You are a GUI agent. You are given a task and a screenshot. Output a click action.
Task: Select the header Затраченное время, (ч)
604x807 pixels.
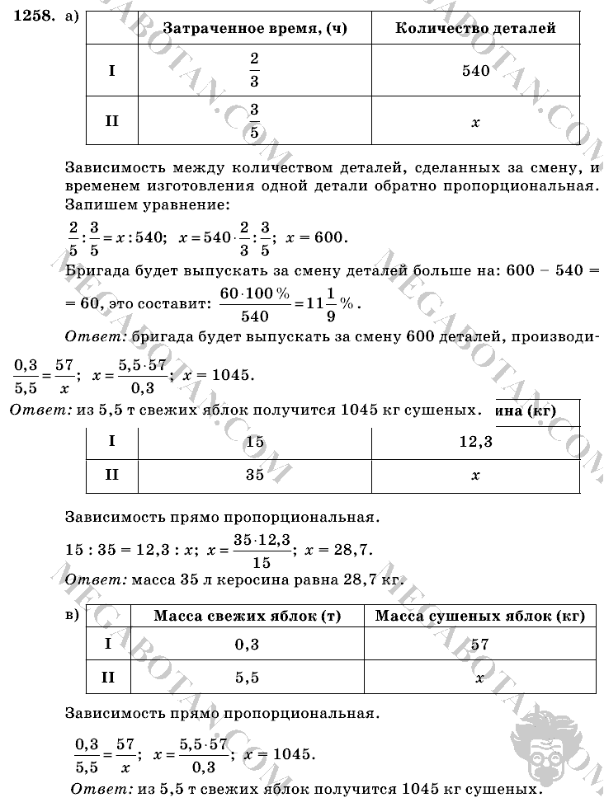click(254, 28)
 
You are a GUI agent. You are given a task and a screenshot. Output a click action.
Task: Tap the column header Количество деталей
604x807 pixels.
click(475, 28)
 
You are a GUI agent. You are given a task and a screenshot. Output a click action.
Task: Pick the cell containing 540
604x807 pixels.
click(475, 71)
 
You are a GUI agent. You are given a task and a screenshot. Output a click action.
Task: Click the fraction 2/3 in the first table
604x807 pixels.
click(253, 71)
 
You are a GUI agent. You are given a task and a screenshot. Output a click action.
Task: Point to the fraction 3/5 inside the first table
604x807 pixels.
click(253, 121)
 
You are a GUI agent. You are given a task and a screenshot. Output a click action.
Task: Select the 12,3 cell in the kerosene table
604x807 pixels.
click(475, 442)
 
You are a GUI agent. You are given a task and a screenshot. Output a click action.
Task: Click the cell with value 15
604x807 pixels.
click(254, 442)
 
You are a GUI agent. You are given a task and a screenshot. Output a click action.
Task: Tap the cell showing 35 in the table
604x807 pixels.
click(254, 475)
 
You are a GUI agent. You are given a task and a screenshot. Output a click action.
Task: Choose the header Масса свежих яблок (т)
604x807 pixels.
click(247, 617)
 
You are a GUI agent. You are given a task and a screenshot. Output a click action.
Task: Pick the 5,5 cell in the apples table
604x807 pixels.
click(247, 678)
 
